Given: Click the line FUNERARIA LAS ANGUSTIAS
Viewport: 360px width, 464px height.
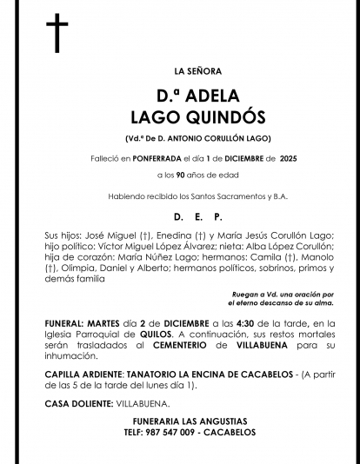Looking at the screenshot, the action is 185,421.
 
